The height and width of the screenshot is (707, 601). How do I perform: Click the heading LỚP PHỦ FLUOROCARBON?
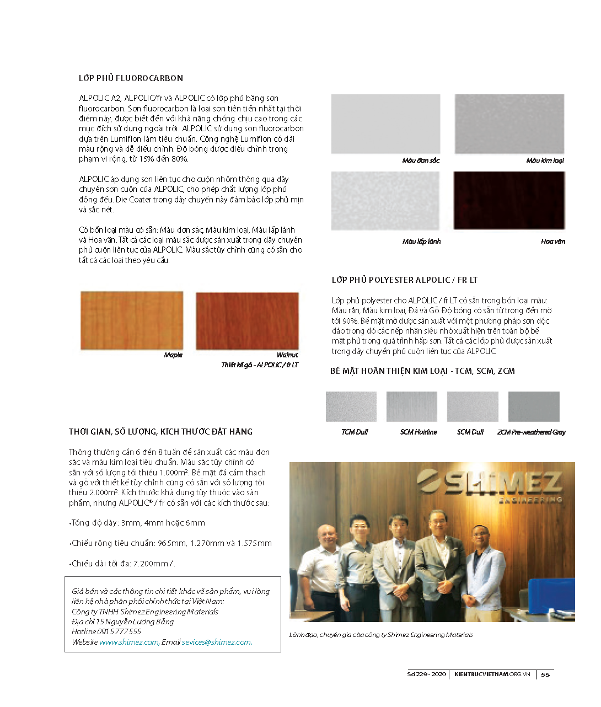(131, 78)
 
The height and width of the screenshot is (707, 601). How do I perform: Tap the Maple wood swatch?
(132, 320)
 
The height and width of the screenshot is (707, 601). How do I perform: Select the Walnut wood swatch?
(247, 320)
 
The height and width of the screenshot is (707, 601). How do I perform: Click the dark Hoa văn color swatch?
(509, 200)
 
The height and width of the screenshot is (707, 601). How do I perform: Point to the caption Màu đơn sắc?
(421, 160)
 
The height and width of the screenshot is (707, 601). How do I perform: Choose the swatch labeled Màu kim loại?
(509, 124)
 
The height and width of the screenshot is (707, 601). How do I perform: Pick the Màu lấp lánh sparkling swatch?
(385, 200)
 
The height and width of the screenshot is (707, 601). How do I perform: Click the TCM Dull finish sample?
(351, 406)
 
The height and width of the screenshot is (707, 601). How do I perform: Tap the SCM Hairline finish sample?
(411, 406)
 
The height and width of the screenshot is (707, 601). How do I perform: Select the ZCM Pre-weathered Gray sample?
(533, 406)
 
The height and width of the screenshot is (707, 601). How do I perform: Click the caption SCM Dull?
(470, 432)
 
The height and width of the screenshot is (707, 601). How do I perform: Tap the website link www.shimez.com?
(129, 642)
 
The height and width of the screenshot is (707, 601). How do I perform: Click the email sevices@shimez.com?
(216, 642)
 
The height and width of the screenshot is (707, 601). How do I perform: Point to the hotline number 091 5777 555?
(119, 631)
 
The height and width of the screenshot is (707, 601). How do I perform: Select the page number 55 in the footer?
(545, 674)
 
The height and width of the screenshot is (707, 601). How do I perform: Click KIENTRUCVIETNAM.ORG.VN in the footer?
(492, 674)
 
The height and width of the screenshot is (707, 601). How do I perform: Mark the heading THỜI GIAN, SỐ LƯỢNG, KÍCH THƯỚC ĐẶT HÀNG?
(160, 432)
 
